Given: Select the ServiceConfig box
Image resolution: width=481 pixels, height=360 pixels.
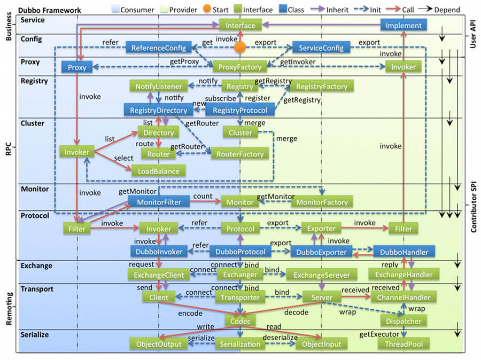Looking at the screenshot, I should point(321,48).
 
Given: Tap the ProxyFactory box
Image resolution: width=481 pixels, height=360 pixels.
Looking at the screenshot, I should point(240,67).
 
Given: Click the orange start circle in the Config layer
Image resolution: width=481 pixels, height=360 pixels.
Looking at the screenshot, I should point(240,48).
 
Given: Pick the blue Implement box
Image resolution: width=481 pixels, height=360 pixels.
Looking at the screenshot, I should point(404,25).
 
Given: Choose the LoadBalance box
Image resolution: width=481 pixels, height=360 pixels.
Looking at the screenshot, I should point(159,171).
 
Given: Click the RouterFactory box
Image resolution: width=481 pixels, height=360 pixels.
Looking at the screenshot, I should point(240,154).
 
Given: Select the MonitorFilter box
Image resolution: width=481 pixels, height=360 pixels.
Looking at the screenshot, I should point(159,202).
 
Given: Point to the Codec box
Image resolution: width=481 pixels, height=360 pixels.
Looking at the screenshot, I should point(240,320).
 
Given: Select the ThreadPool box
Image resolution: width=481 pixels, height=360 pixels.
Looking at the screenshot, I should point(404,344).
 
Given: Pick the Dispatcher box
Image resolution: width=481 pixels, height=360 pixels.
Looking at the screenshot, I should point(404,321).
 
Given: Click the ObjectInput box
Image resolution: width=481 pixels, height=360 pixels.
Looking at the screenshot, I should point(321,344).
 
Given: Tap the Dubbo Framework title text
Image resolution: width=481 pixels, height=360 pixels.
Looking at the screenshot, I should point(50,10).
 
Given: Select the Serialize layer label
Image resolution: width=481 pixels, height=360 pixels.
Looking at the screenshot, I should point(35,334).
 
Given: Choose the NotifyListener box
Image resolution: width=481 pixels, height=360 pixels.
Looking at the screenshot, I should point(158,86).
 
